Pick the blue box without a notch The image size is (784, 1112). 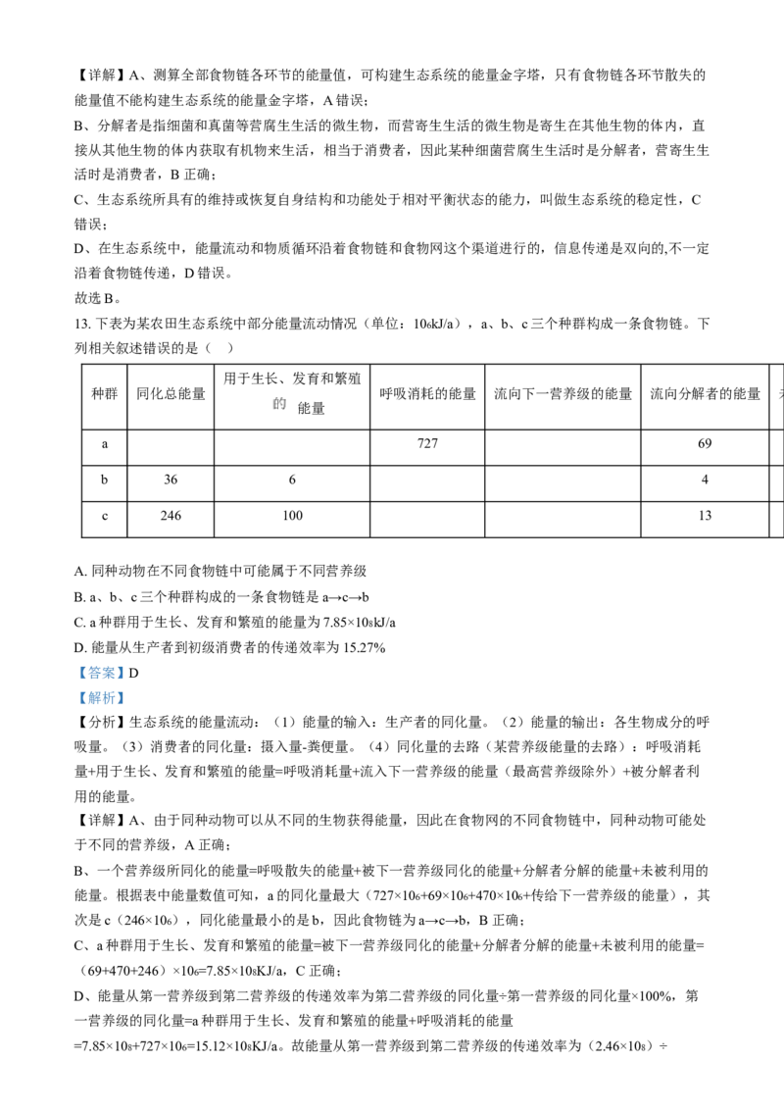pos(101,698)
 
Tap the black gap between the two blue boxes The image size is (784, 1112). pos(101,685)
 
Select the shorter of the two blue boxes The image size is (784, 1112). pos(101,698)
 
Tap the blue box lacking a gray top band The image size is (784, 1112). pos(101,698)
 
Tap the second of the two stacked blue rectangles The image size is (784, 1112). pos(101,698)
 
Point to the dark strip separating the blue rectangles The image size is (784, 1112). pos(101,685)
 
